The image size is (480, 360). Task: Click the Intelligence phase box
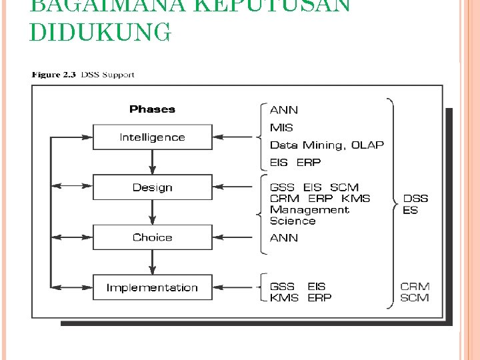coord(152,137)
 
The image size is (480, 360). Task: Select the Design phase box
coord(152,187)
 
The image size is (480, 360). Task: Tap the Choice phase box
coord(152,237)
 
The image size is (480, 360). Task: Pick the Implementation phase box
coord(152,287)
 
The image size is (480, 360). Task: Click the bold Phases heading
coord(152,109)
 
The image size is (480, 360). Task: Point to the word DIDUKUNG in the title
coord(100,32)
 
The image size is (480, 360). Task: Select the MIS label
coord(281,127)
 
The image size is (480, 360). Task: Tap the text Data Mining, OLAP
coord(327,145)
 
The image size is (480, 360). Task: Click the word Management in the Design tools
coord(309,209)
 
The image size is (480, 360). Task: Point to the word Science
coord(293,221)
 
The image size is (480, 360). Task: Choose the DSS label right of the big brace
coord(415,199)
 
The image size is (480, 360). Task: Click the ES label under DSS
coord(410,210)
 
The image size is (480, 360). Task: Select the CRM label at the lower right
coord(415,287)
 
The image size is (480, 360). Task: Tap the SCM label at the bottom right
coord(415,297)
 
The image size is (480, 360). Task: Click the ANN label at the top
coord(284,109)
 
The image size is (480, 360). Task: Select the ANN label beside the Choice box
coord(284,237)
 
